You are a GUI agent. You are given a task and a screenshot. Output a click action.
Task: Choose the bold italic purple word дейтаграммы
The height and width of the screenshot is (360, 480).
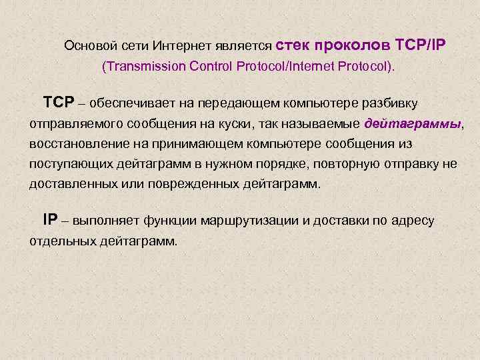point(413,124)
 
